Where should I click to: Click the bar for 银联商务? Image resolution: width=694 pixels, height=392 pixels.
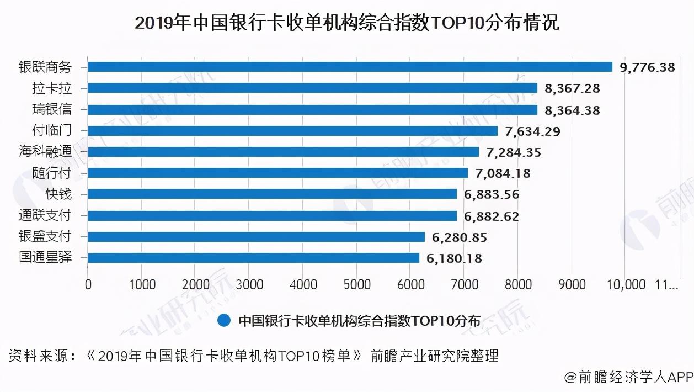(350, 67)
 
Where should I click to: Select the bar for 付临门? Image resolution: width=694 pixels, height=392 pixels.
(293, 131)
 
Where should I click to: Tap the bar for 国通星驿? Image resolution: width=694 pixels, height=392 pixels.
(254, 258)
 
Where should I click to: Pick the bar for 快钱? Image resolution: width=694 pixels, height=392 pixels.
(273, 194)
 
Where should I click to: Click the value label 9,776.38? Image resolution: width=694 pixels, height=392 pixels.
(647, 67)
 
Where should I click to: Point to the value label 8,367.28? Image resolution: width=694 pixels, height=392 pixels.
(572, 88)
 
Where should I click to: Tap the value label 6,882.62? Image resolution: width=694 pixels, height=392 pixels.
(492, 216)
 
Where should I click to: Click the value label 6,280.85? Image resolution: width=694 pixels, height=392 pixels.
(460, 237)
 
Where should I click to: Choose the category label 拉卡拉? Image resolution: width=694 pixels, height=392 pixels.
(52, 88)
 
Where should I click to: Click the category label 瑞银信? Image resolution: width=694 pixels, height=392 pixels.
(52, 109)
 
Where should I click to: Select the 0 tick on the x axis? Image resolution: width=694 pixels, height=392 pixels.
(88, 284)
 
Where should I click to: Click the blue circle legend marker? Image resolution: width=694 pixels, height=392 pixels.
(224, 321)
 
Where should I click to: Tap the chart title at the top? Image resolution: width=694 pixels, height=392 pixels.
(347, 23)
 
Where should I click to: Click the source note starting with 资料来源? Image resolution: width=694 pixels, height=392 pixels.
(253, 356)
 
